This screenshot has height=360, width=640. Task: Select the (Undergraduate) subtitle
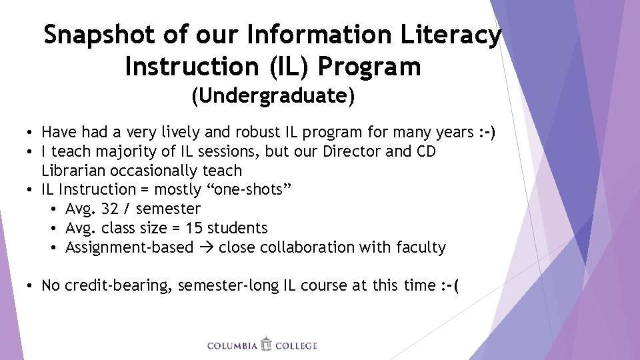click(273, 96)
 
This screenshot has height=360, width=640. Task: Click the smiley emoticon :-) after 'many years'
click(487, 133)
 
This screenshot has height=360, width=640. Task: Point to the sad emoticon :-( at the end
click(450, 285)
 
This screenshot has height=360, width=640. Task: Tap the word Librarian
click(73, 171)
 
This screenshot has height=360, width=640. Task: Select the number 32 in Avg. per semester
click(110, 209)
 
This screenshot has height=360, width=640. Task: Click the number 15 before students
click(194, 228)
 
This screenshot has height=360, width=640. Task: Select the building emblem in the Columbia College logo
click(267, 344)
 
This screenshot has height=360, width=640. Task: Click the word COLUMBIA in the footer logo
click(233, 345)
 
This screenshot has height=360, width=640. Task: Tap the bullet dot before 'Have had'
click(31, 133)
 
